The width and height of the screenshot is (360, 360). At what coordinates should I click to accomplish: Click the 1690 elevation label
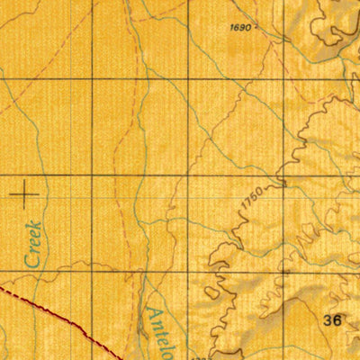click(x=241, y=29)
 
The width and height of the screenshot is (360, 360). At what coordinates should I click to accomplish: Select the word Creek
click(x=34, y=244)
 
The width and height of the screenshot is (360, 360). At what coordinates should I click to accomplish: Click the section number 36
click(x=332, y=319)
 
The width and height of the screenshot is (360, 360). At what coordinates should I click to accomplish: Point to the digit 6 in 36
click(x=337, y=319)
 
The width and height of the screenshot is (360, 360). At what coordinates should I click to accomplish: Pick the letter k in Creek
click(x=36, y=226)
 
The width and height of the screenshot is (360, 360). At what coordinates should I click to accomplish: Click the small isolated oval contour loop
click(x=211, y=292)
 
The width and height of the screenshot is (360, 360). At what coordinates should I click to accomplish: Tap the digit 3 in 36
click(x=328, y=319)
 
